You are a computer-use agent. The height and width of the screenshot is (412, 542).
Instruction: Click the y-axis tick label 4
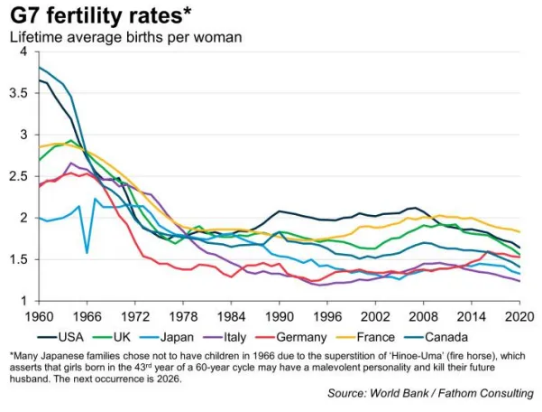tap(24, 51)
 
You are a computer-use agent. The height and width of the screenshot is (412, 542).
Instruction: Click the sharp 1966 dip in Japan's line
tap(87, 252)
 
